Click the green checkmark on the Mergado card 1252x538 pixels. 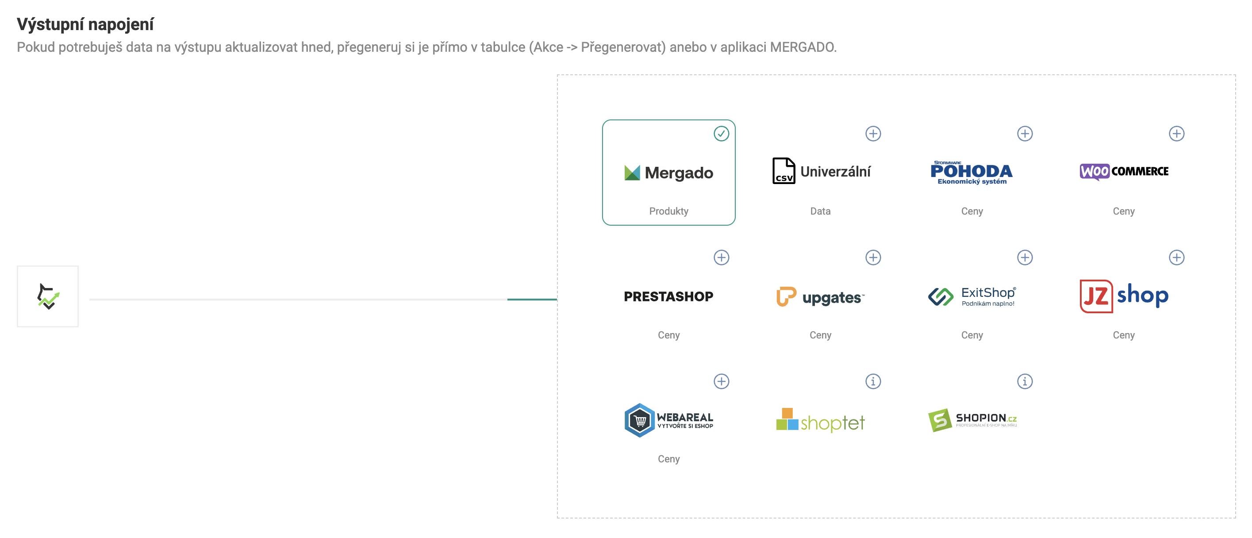(721, 134)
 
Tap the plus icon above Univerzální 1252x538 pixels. (873, 134)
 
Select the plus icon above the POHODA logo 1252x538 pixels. (1025, 134)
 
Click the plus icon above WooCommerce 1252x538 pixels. (1176, 134)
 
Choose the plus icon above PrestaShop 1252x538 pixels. (721, 257)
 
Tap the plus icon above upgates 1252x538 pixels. (873, 257)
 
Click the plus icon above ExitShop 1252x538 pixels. (1025, 257)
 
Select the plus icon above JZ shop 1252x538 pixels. (1176, 257)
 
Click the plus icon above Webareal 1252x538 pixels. (721, 381)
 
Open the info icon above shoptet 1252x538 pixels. (873, 381)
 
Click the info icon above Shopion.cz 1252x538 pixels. (1025, 381)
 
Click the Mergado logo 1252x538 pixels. (668, 173)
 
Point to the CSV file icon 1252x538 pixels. (783, 171)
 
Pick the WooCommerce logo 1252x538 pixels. (1124, 172)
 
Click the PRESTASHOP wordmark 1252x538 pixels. (668, 296)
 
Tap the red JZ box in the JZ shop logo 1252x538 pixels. (1096, 296)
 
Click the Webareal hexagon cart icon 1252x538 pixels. (640, 420)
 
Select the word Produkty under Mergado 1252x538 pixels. (668, 211)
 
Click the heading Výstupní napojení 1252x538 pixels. (85, 24)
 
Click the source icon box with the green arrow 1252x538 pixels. (48, 296)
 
